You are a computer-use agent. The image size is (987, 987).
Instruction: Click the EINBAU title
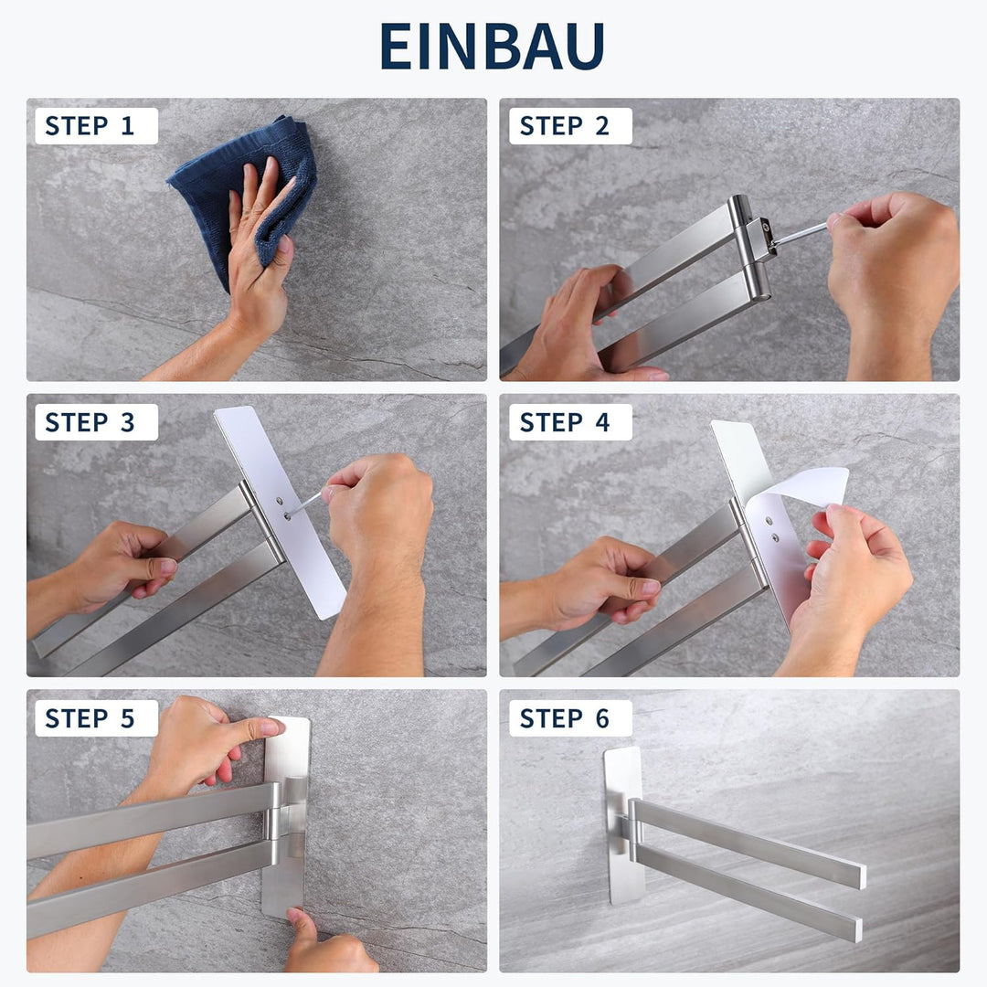[x=493, y=46]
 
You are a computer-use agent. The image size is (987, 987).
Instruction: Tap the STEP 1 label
[x=90, y=126]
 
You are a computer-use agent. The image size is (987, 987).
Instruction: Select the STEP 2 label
[x=564, y=126]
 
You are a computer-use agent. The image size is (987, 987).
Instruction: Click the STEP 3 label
[x=90, y=421]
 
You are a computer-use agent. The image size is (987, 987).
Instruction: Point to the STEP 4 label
[x=564, y=421]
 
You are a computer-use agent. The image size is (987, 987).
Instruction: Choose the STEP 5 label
[x=90, y=718]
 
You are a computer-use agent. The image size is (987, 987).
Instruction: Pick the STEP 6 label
[x=564, y=718]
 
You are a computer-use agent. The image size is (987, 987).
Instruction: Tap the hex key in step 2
[x=801, y=234]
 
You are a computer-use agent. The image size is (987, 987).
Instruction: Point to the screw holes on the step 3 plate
[x=283, y=509]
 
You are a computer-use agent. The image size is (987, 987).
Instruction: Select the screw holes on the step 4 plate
[x=771, y=529]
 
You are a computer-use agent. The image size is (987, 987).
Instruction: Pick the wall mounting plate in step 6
[x=623, y=825]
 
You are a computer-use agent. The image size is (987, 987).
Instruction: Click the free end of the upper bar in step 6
[x=859, y=876]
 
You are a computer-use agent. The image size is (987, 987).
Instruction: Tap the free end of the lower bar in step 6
[x=855, y=929]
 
